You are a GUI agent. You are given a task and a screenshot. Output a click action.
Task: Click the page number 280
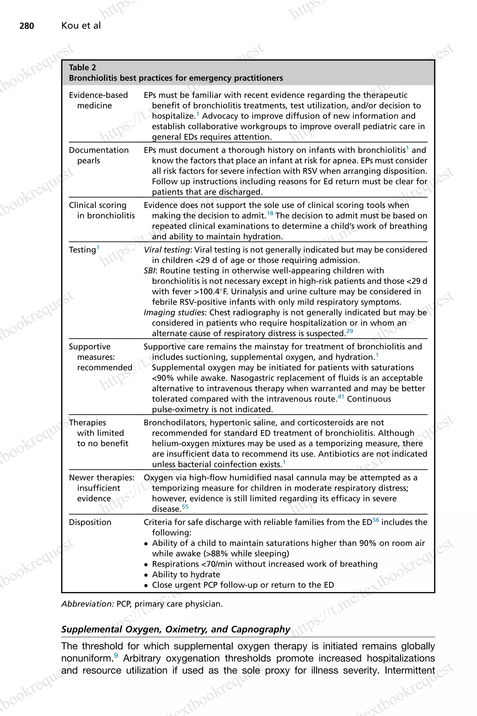click(27, 26)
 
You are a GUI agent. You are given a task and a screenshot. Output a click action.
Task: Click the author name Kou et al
click(81, 26)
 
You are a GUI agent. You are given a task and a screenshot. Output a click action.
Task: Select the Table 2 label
click(82, 67)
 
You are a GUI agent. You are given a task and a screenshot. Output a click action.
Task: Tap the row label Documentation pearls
click(99, 155)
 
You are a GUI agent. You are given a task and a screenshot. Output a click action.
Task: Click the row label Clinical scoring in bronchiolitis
click(102, 210)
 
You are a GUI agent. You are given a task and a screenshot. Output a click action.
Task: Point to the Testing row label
click(82, 250)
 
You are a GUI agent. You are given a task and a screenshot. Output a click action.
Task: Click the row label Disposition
click(90, 522)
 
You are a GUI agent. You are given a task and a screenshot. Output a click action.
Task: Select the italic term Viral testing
click(167, 250)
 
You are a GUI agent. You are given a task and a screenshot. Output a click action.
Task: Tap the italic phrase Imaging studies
click(174, 312)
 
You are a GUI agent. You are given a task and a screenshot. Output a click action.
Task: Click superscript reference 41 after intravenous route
click(341, 396)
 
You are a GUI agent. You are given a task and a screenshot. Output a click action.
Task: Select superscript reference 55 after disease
click(185, 506)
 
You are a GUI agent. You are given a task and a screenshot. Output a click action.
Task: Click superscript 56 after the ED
click(376, 520)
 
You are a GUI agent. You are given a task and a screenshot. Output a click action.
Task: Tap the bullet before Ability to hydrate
click(146, 575)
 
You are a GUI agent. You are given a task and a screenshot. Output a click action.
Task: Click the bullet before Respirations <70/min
click(146, 565)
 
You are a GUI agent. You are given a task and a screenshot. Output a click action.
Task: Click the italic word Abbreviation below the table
click(88, 604)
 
